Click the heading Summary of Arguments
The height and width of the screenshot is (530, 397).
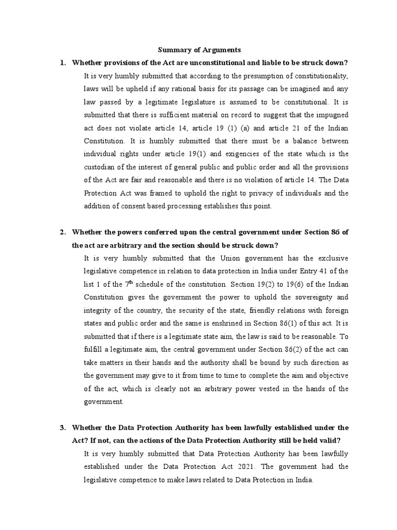(x=199, y=50)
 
